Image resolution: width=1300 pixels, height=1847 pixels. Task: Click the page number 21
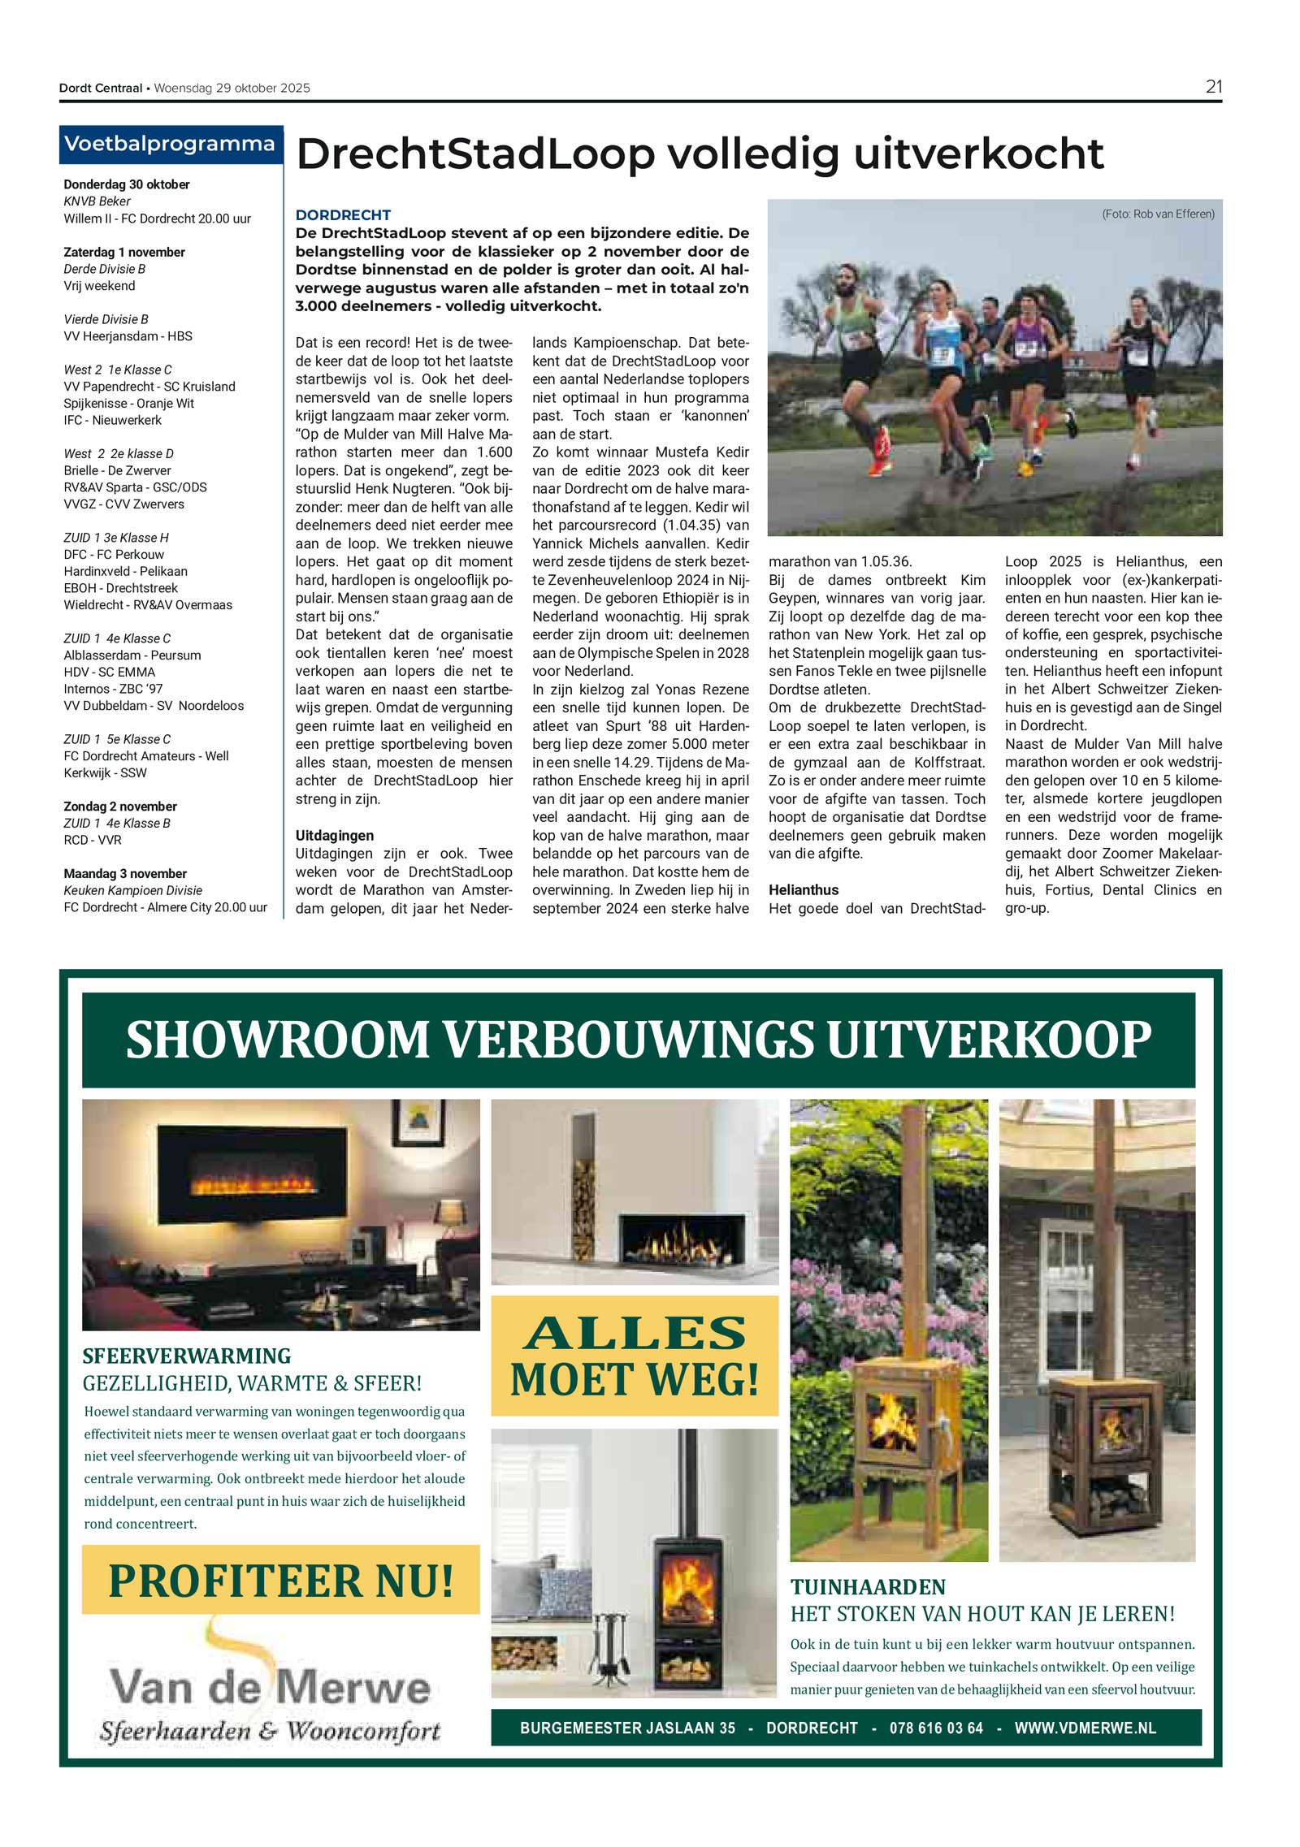click(x=1213, y=87)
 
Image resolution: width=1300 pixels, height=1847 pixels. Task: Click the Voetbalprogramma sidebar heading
click(x=170, y=144)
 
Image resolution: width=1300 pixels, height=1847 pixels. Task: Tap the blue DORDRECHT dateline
click(x=343, y=214)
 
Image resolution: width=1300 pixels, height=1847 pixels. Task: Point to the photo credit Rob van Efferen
click(x=1158, y=214)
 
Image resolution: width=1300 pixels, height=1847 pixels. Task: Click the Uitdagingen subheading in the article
click(x=335, y=835)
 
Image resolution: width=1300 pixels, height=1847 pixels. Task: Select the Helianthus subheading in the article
click(x=804, y=889)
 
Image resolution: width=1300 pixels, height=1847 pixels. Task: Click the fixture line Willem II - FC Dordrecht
click(x=157, y=218)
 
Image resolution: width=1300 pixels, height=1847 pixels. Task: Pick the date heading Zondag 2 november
click(x=120, y=806)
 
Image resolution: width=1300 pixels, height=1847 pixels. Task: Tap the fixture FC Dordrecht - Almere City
click(x=165, y=906)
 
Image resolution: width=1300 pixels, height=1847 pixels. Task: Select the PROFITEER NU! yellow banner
click(x=280, y=1580)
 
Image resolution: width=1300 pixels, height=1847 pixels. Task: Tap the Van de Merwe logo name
click(x=270, y=1686)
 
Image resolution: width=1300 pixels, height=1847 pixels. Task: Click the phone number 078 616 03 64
click(x=936, y=1728)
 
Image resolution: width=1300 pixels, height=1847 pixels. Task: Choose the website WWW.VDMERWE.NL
click(x=1085, y=1728)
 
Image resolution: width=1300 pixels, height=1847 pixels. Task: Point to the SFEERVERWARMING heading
click(x=186, y=1356)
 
